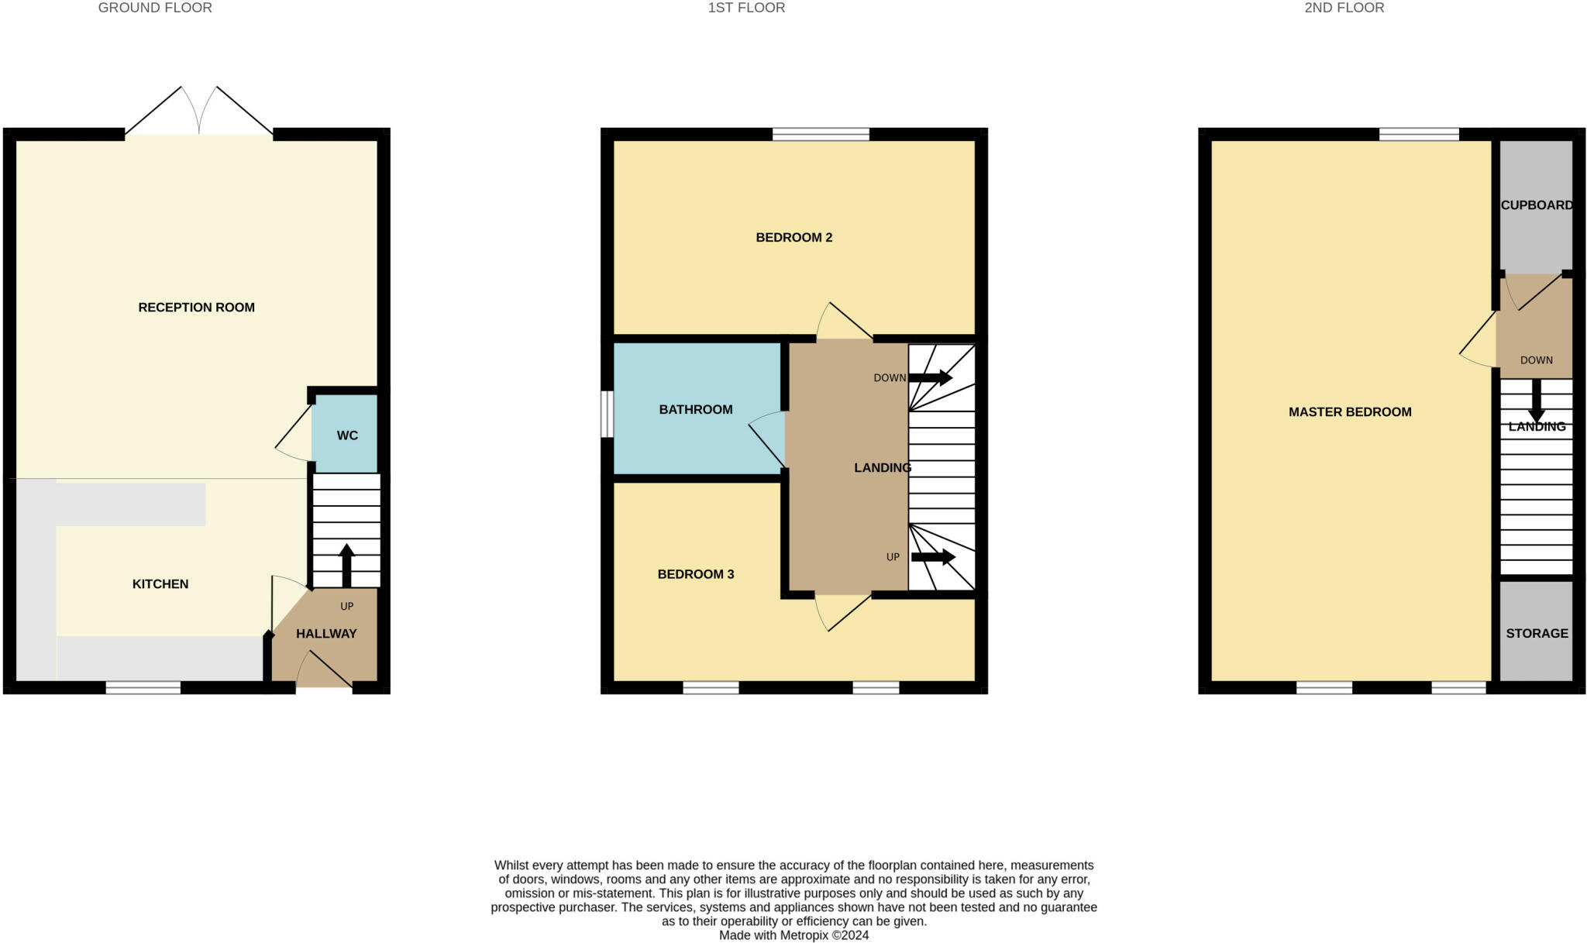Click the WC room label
click(x=347, y=435)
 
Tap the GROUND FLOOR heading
click(x=155, y=8)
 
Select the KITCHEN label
click(x=160, y=584)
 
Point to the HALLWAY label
click(x=326, y=634)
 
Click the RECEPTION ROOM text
click(x=196, y=308)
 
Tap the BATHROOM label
click(x=696, y=410)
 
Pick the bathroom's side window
click(x=608, y=414)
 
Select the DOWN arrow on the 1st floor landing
click(x=930, y=378)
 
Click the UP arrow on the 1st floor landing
click(x=933, y=557)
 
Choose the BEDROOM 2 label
click(x=793, y=238)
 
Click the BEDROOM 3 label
click(x=696, y=574)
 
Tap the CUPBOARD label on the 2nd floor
click(x=1537, y=205)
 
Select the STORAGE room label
click(x=1537, y=634)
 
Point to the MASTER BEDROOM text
click(x=1350, y=412)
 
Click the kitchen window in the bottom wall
click(x=143, y=687)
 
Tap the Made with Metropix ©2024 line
click(x=793, y=935)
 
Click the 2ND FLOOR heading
click(x=1344, y=8)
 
